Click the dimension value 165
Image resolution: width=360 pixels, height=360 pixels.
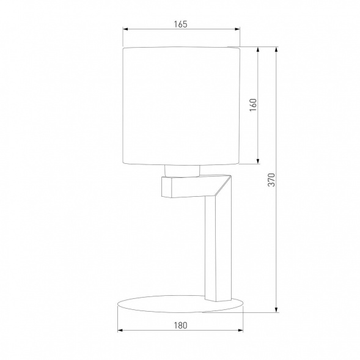click(180, 24)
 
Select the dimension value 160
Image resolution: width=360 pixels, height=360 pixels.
click(253, 105)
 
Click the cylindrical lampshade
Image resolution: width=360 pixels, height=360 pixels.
click(181, 105)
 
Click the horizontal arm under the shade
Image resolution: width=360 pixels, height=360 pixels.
click(183, 187)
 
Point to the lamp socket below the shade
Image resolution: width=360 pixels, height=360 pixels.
click(182, 170)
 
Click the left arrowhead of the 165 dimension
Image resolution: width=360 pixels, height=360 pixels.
click(125, 28)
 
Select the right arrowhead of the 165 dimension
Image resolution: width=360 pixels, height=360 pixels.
click(238, 28)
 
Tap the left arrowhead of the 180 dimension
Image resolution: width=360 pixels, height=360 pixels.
click(120, 330)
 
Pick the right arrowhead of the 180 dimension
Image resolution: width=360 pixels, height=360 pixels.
click(241, 330)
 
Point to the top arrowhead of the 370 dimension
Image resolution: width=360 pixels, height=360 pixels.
click(277, 49)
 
